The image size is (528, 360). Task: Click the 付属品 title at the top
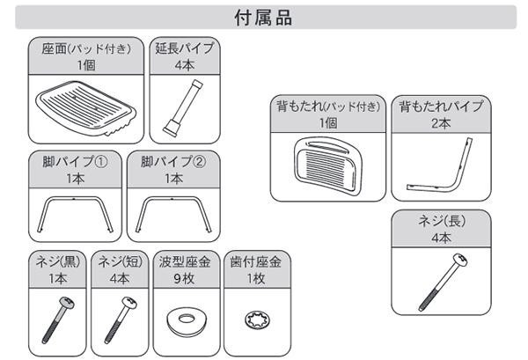tap(263, 18)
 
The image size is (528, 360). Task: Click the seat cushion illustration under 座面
tap(86, 108)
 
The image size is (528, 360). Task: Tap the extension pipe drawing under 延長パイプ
tap(183, 107)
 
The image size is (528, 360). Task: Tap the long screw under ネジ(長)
tap(444, 283)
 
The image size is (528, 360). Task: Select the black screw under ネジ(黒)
tap(58, 320)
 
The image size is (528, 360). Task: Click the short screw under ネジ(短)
tap(121, 320)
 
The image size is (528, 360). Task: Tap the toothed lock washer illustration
tap(258, 320)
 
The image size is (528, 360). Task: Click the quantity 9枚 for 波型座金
tap(184, 278)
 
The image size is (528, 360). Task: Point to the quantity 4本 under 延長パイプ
tap(185, 64)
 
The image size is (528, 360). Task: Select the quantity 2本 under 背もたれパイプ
tap(441, 123)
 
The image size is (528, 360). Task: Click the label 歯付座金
tap(256, 261)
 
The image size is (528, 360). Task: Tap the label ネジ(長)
tap(442, 221)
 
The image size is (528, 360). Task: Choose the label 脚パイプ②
tap(173, 162)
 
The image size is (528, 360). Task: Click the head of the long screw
tap(460, 260)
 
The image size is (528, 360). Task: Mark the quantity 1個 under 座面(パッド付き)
tap(86, 64)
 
